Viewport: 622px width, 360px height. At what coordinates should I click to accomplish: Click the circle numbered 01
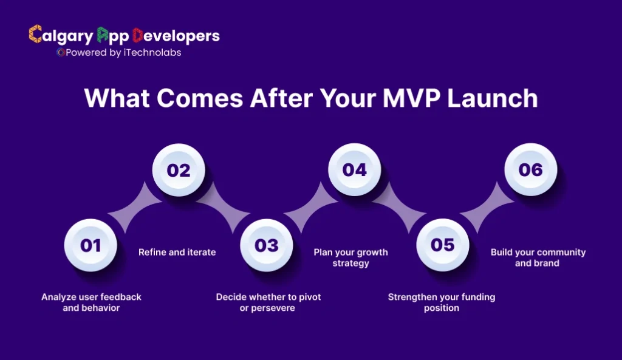90,245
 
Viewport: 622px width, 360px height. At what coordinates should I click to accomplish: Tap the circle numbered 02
178,169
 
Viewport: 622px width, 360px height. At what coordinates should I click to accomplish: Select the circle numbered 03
266,245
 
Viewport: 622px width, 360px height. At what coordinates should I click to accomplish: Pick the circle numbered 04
354,169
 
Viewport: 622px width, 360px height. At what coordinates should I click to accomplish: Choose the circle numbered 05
442,245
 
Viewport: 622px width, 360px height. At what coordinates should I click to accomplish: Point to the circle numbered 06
530,169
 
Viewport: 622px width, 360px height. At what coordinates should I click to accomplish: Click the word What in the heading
117,98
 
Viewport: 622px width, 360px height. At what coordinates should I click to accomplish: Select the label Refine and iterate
177,252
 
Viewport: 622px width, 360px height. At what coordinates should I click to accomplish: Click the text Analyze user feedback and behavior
91,302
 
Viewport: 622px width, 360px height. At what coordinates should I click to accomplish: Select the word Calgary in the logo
61,36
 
